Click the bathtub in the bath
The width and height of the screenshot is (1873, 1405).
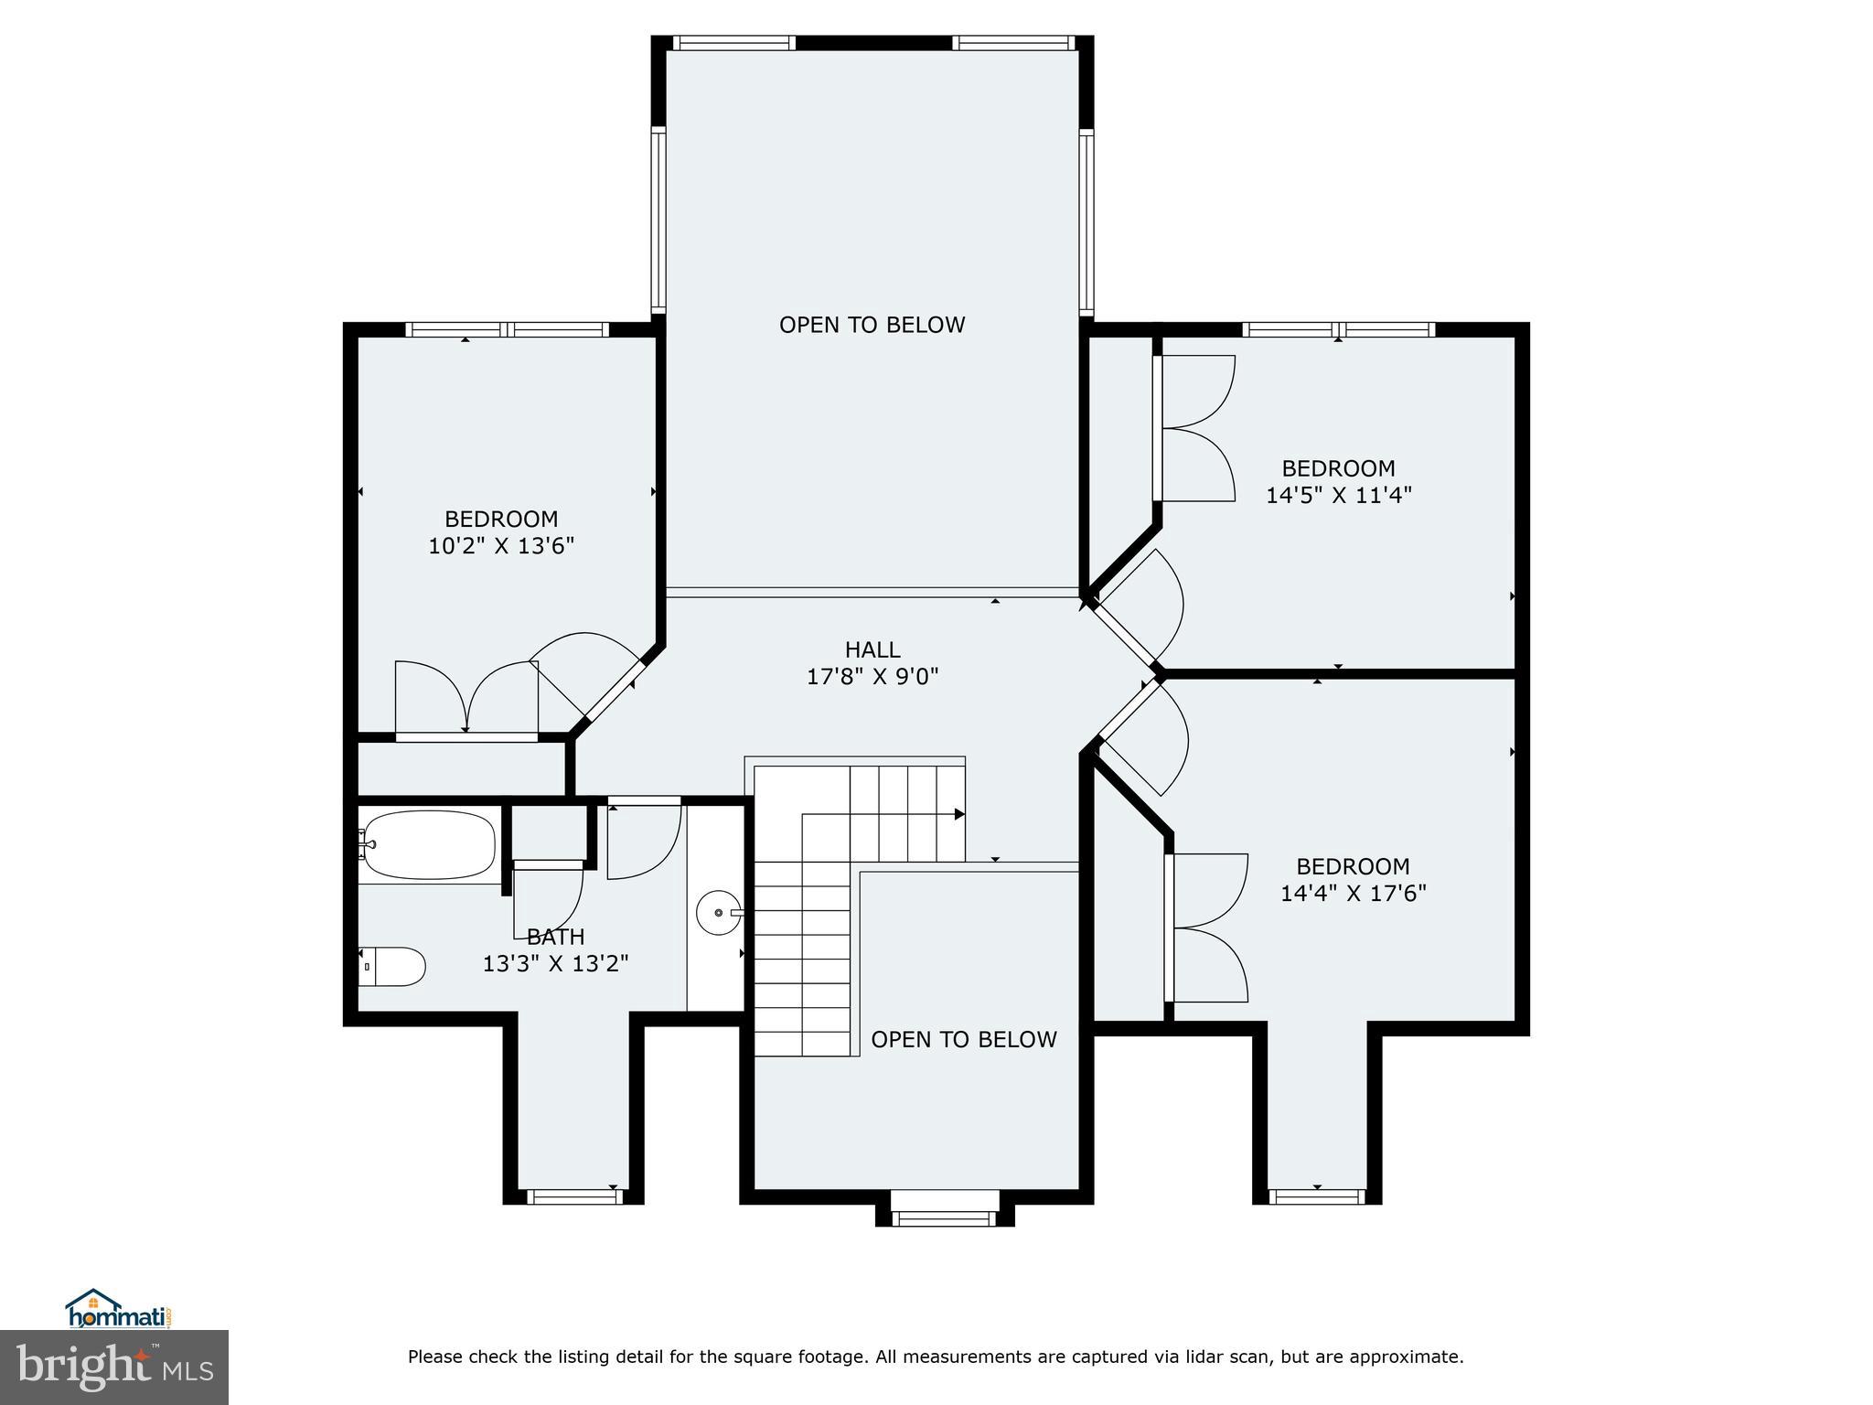[429, 846]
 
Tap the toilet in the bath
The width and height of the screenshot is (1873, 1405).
[392, 966]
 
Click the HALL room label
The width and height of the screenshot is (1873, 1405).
[872, 649]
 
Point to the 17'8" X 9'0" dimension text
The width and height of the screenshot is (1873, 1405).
[872, 677]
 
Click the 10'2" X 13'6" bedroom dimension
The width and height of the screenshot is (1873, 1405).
[501, 546]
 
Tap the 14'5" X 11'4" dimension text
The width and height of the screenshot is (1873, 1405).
[1339, 495]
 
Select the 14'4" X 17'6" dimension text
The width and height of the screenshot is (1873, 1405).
[1354, 893]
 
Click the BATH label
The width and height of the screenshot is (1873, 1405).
[556, 937]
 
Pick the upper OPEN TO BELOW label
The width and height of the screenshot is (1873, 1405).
[872, 325]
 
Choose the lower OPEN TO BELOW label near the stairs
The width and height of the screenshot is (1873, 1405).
[964, 1039]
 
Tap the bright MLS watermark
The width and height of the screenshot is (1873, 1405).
[114, 1367]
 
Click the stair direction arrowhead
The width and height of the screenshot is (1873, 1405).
[959, 814]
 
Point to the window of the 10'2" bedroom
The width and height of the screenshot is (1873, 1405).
[508, 329]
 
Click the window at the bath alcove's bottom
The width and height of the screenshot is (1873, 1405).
[573, 1196]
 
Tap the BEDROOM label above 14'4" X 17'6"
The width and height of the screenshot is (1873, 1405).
[1354, 865]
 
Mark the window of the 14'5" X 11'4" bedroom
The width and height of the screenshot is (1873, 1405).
[1339, 329]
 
